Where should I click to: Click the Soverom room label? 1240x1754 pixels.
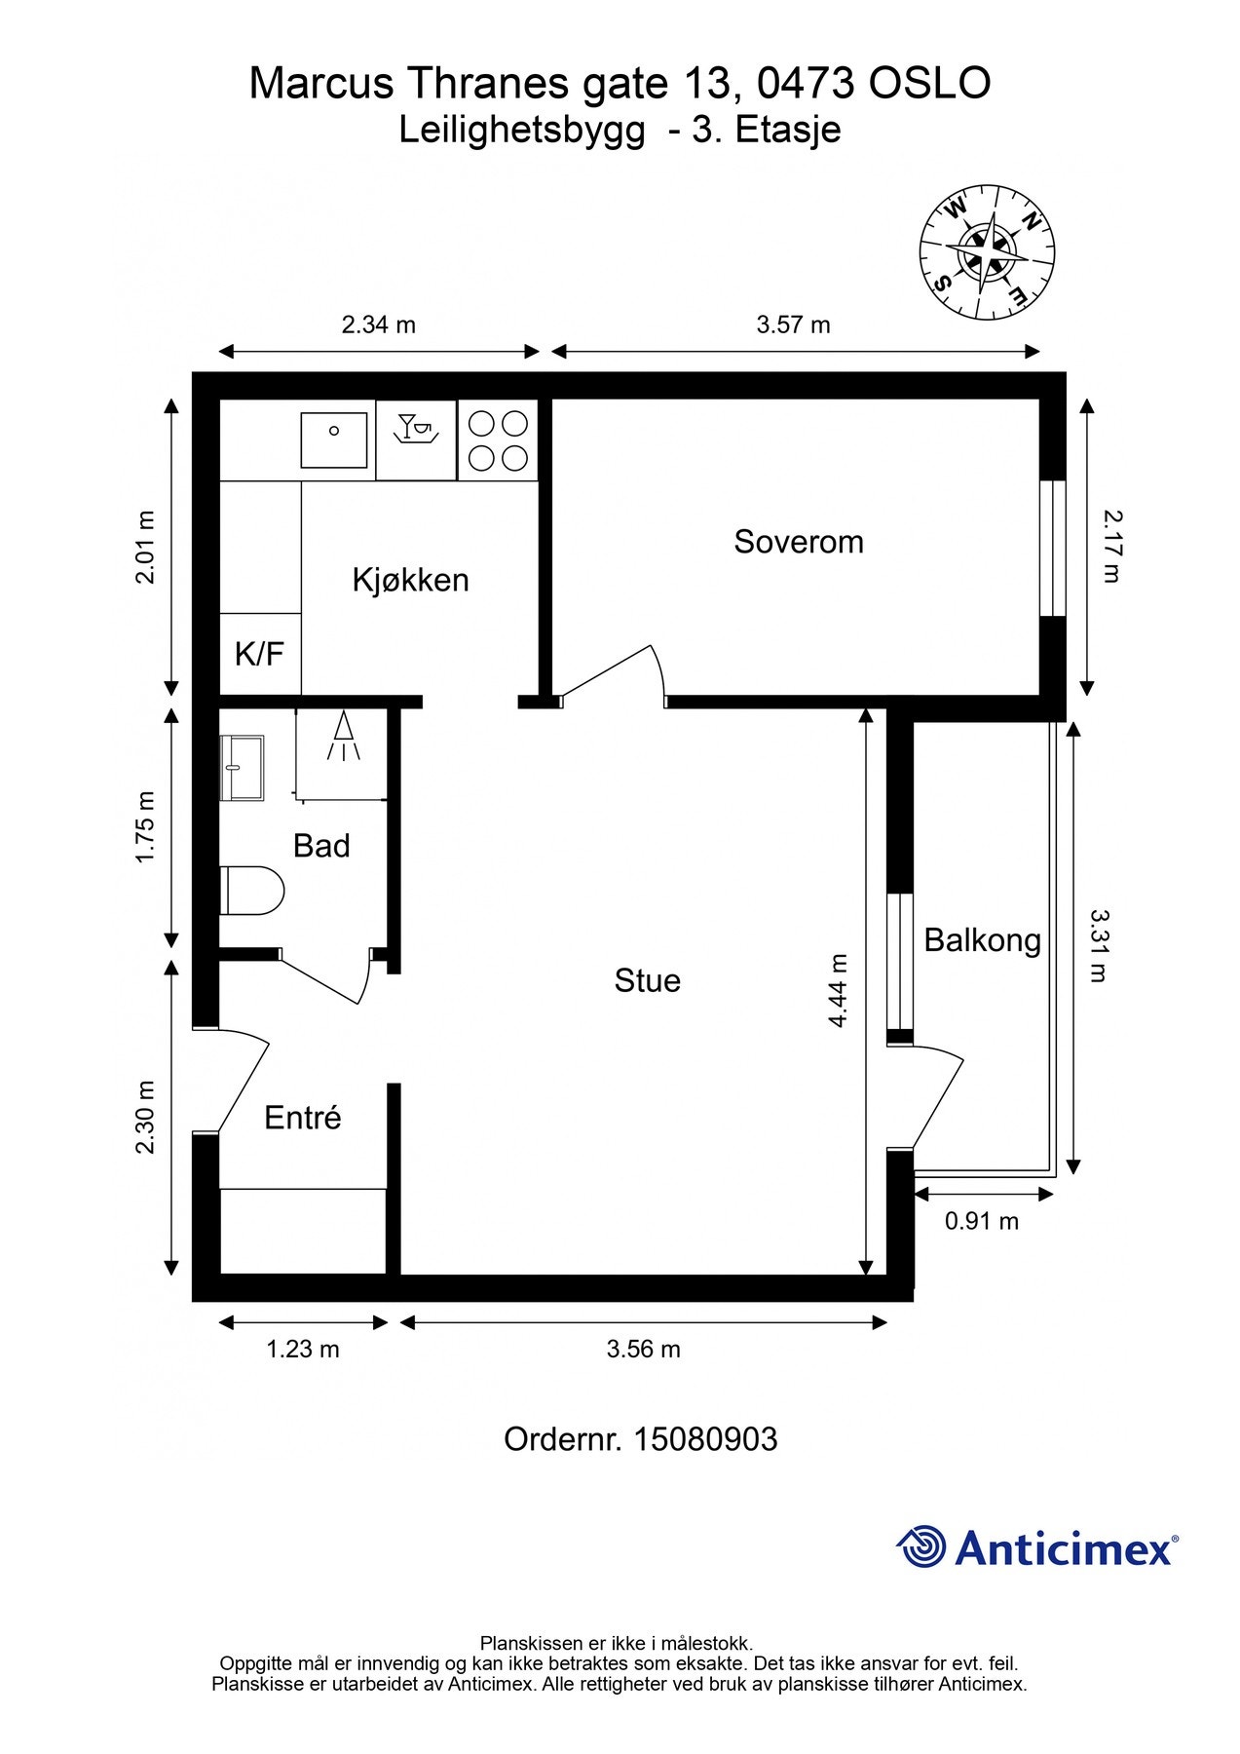[x=799, y=542]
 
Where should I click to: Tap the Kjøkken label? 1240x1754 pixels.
[x=410, y=580]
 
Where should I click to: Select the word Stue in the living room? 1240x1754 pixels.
[x=647, y=980]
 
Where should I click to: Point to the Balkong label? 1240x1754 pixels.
[x=982, y=941]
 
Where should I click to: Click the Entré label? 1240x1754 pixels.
[x=302, y=1117]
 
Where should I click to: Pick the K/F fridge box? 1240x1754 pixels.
[x=260, y=653]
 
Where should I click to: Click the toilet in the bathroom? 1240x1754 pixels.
[x=252, y=891]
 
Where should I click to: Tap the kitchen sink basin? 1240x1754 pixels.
[x=334, y=440]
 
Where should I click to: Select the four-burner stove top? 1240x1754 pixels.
[x=498, y=440]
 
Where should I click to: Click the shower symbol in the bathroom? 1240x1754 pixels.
[x=343, y=737]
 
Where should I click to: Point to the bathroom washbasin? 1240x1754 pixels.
[x=243, y=768]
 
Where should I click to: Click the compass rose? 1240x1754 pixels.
[x=988, y=253]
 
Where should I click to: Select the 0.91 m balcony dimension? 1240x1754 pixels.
[x=982, y=1221]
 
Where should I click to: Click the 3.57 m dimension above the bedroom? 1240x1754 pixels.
[x=793, y=324]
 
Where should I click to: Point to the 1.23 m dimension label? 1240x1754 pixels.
[x=303, y=1350]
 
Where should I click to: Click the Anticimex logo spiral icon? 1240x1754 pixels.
[x=921, y=1546]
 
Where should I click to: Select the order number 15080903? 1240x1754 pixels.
[x=705, y=1439]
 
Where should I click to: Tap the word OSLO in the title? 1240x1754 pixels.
[x=929, y=84]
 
